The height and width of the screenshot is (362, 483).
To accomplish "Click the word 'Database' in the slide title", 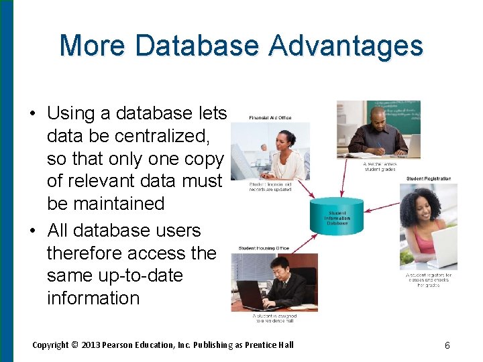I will (197, 46).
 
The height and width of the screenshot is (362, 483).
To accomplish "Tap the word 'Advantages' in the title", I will (346, 46).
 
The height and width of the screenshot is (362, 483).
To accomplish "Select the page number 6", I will (447, 346).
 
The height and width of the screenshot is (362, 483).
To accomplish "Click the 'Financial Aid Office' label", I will (270, 117).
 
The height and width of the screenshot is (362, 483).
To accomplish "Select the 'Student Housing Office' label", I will (264, 248).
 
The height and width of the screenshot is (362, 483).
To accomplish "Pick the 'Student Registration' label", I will (428, 179).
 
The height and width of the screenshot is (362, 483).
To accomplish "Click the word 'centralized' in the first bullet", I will (162, 136).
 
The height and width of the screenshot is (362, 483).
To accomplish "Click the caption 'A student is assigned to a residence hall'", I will (274, 318).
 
